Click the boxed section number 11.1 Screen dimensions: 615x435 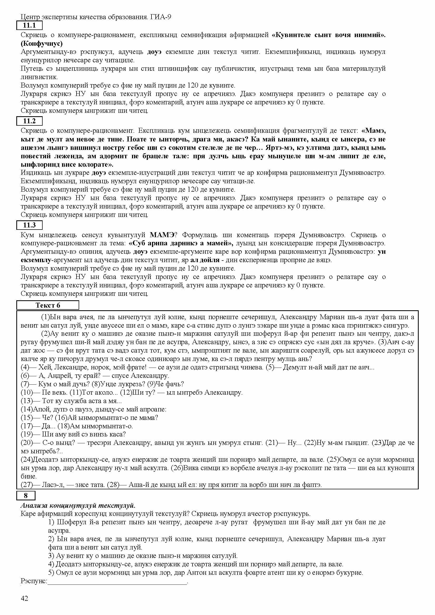click(29, 26)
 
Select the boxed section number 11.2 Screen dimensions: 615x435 click(29, 121)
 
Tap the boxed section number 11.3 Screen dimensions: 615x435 click(29, 225)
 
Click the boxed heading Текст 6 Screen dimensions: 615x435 click(48, 305)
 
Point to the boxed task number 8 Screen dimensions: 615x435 click(26, 496)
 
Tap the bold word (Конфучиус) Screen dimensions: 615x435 click(42, 43)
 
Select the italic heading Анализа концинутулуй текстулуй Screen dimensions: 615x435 click(78, 505)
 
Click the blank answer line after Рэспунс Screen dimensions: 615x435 click(117, 581)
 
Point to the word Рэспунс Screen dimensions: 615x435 click(33, 581)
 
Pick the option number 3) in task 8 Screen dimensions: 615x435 click(51, 556)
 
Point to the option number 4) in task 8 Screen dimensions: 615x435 click(51, 564)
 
